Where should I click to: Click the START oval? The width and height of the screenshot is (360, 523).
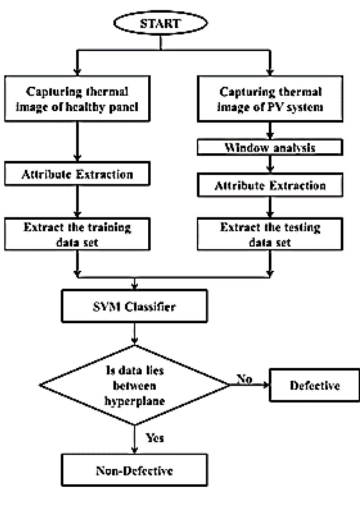160,24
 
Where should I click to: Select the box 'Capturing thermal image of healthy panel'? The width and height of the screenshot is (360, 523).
77,99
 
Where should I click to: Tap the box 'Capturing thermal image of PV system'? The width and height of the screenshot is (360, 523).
270,99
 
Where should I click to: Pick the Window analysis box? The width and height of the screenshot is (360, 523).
270,148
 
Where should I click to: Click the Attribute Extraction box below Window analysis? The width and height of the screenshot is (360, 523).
270,186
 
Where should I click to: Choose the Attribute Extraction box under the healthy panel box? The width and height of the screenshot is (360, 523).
77,174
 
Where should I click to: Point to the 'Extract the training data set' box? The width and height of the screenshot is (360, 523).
77,234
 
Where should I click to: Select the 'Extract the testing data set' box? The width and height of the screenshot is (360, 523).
270,234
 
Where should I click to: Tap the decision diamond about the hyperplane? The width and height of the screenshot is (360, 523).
135,386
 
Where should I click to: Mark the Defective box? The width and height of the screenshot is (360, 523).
314,386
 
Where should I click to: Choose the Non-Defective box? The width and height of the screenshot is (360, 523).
135,471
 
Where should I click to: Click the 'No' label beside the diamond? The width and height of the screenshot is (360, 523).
244,379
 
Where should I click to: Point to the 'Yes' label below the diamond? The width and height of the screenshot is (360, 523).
154,438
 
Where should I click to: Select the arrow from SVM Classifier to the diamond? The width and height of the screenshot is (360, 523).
135,335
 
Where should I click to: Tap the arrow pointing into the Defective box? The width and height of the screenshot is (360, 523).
253,385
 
